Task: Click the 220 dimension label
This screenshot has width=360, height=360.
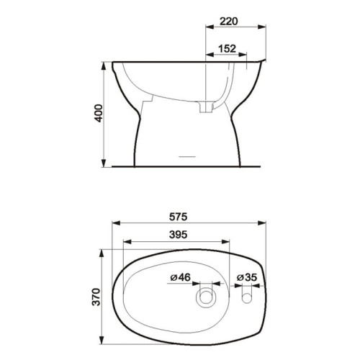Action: point(229,21)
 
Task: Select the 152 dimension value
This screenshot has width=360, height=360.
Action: point(227,49)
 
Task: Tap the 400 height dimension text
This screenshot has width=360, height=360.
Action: point(99,113)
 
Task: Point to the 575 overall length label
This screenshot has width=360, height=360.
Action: point(178,217)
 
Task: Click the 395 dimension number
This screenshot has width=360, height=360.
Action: point(178,235)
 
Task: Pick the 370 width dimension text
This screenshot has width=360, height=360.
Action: point(96,297)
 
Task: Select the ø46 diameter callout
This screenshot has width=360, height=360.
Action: point(181,277)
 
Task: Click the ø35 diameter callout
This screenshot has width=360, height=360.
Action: point(247,277)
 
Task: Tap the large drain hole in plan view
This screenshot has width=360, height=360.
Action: point(206,297)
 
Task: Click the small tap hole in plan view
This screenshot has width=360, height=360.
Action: point(246,298)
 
